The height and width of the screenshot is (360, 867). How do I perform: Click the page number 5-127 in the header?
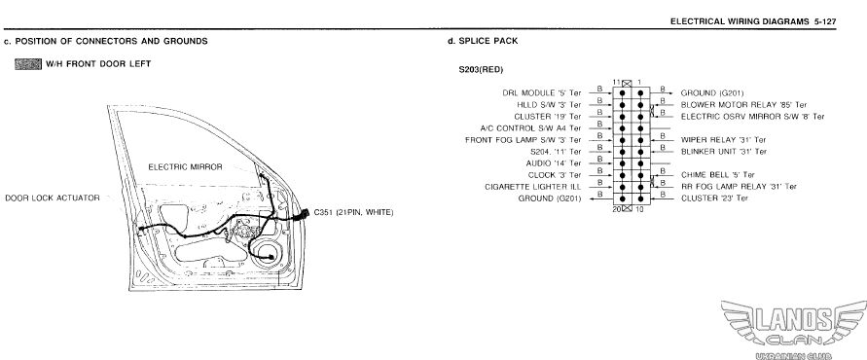(x=824, y=21)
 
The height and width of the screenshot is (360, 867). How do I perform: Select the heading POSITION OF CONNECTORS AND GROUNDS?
(x=111, y=41)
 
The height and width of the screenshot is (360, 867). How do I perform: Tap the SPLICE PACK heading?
(x=488, y=41)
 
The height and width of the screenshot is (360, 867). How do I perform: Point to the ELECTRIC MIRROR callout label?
(x=185, y=167)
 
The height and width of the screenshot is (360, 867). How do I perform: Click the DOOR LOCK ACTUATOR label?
(x=53, y=198)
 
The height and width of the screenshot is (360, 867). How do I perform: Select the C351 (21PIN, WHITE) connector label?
(x=353, y=212)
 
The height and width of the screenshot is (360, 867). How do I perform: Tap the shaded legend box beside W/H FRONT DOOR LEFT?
(x=28, y=64)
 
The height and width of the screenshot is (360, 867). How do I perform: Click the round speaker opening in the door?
(x=266, y=252)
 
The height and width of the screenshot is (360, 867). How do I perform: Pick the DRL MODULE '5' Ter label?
(x=542, y=92)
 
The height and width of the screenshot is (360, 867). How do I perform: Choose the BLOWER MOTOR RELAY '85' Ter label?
(x=743, y=104)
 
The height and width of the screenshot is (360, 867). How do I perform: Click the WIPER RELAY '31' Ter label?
(x=723, y=140)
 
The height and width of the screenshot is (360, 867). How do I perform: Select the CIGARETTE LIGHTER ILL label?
(x=533, y=187)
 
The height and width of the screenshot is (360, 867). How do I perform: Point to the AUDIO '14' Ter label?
(x=554, y=163)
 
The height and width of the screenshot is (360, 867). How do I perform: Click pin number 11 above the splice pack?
(x=617, y=82)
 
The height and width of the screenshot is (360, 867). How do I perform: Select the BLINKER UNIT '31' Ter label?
(x=724, y=152)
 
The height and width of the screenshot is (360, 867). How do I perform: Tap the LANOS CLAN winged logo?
(x=794, y=326)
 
